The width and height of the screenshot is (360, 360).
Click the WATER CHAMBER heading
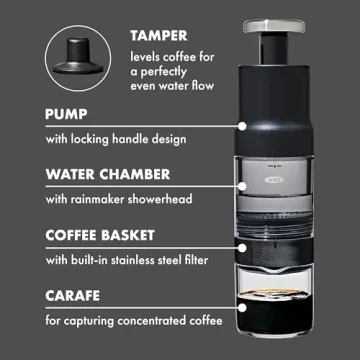(100, 176)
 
